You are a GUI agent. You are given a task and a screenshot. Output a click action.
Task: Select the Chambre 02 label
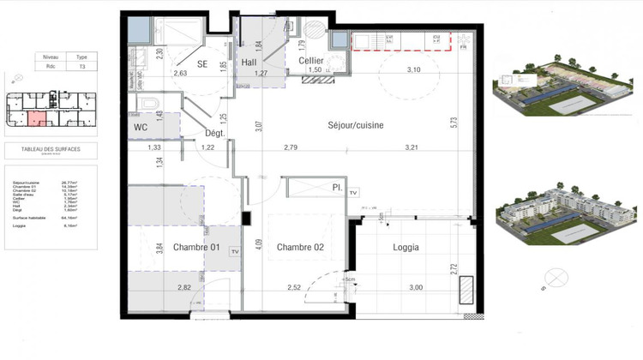(x=302, y=249)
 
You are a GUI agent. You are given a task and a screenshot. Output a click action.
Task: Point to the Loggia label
(x=406, y=249)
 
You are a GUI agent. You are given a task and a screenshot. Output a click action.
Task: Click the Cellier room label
(x=310, y=61)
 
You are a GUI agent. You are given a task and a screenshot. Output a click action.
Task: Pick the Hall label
(x=249, y=62)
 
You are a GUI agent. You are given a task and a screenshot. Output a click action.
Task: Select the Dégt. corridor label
(x=214, y=133)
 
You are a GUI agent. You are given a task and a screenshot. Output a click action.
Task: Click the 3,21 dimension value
(x=413, y=148)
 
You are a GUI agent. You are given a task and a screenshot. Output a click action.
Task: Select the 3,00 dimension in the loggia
(x=414, y=288)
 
